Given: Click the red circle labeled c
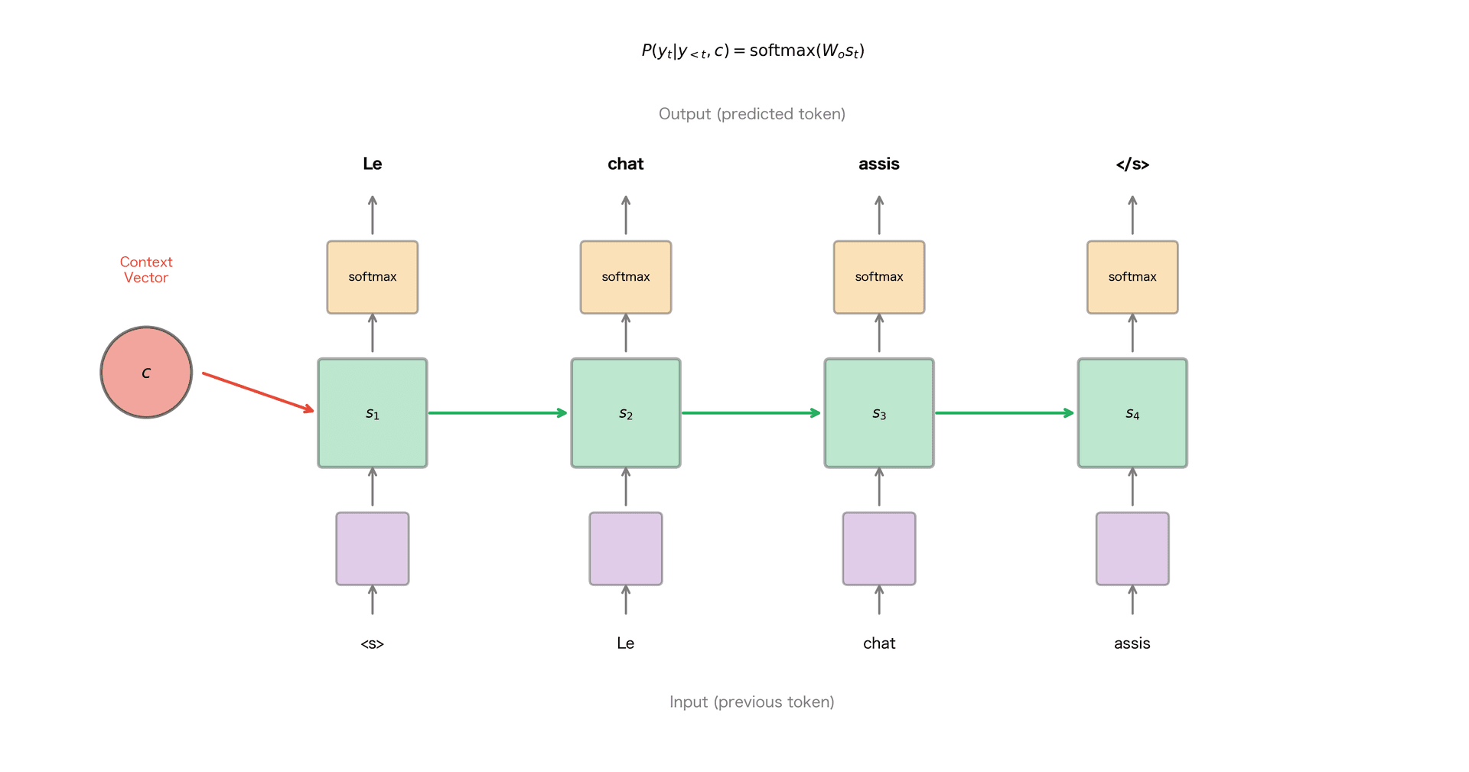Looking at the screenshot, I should coord(146,373).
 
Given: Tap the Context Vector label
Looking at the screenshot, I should coord(146,269).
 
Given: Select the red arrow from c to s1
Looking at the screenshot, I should coord(258,392).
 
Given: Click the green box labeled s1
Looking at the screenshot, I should coord(373,413).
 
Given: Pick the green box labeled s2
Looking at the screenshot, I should coord(626,413).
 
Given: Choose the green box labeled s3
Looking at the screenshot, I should coord(879,413).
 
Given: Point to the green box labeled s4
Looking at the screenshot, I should coord(1132,413).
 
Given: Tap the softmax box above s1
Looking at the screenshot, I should coord(373,277).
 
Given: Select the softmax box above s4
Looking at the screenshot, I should coord(1132,277).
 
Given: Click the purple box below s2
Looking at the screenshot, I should coord(626,549).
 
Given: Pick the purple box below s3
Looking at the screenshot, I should coord(879,549).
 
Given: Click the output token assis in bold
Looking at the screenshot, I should coord(879,164).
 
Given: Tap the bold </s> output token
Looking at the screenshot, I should coord(1132,164).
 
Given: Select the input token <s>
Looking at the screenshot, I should coord(373,643).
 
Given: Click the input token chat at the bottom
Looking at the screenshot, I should coord(879,643).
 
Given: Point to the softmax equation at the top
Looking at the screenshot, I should coord(753,50).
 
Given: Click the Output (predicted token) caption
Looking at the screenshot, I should coord(752,114).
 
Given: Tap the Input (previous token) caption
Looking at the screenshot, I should coord(752,702).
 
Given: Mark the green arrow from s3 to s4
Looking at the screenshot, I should coord(1005,413).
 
